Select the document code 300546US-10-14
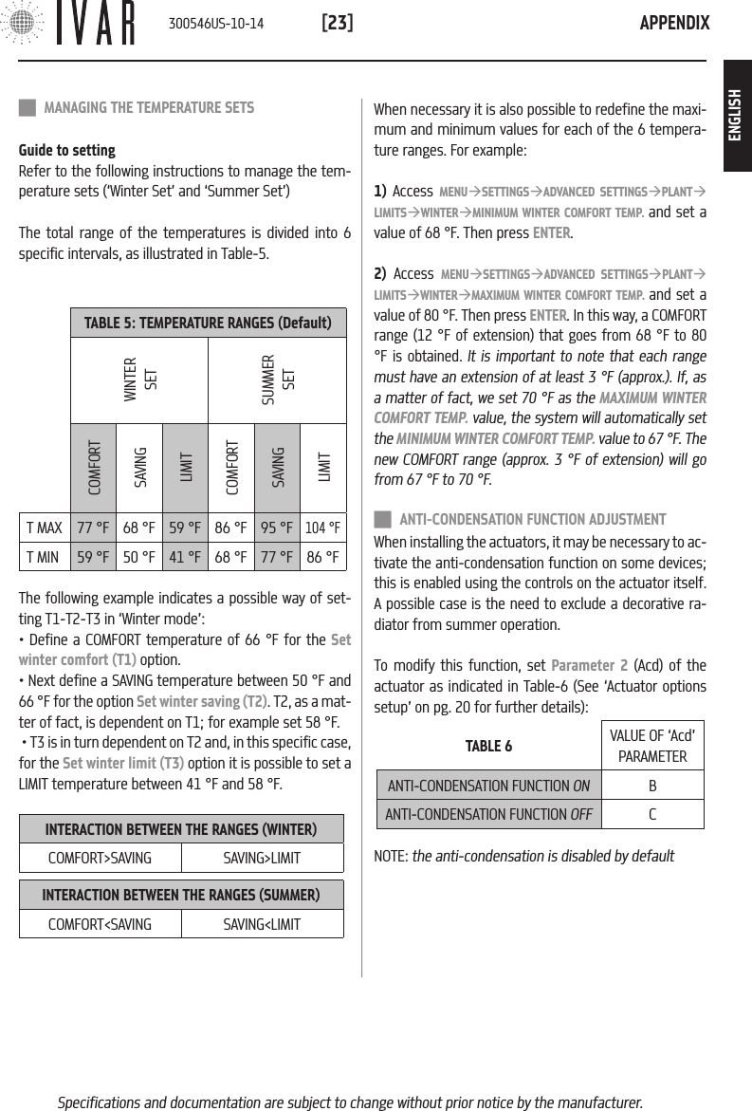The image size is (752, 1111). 215,23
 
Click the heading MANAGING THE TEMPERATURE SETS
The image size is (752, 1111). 149,108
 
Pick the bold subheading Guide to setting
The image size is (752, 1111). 67,150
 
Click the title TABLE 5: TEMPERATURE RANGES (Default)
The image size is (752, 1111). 208,324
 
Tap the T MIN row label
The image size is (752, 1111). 45,556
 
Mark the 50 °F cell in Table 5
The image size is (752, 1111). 139,556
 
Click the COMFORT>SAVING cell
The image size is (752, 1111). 100,858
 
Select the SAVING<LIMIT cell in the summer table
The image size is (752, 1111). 262,923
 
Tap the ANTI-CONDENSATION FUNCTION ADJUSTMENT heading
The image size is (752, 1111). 532,519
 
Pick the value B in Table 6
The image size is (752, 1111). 652,786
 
